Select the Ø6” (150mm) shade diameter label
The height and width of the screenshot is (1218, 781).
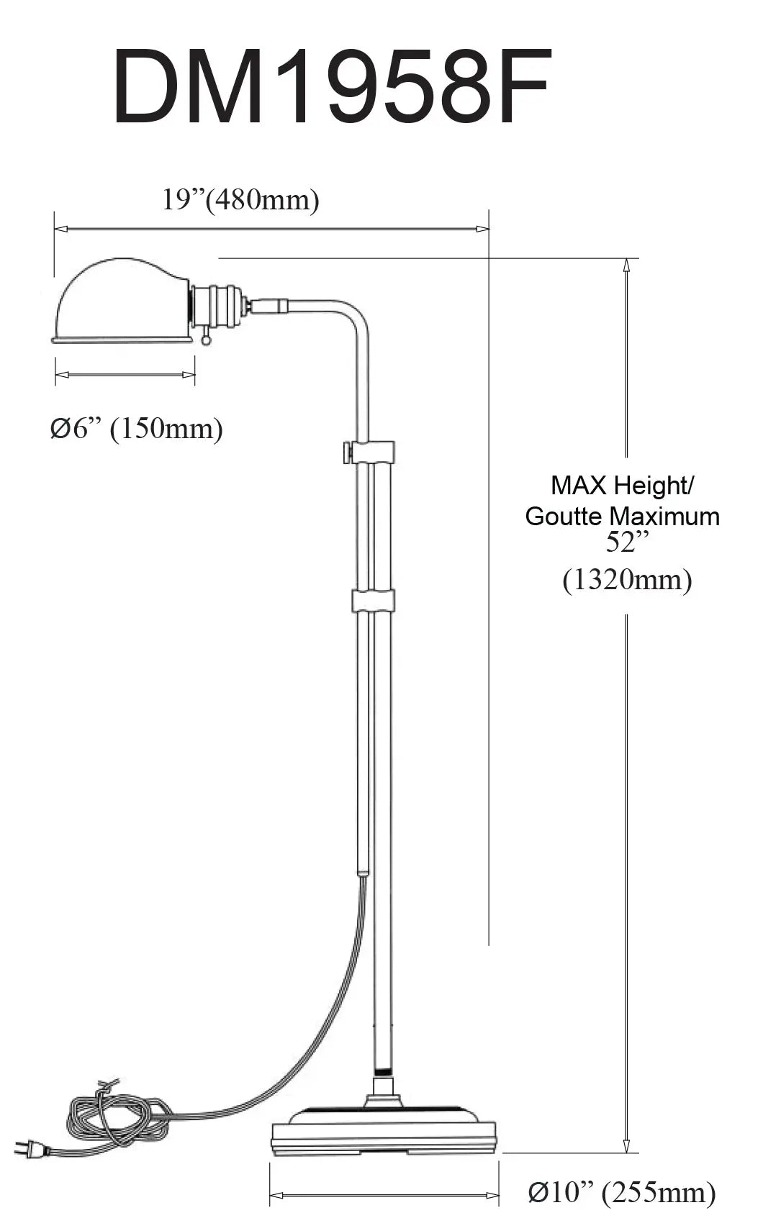click(x=137, y=429)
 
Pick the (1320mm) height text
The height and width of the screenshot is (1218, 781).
click(x=627, y=580)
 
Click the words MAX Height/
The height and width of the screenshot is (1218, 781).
click(x=622, y=485)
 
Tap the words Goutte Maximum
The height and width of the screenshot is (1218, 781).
click(x=622, y=516)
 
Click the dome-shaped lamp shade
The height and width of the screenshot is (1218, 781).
click(x=122, y=301)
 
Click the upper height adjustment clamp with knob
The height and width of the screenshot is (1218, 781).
click(x=369, y=453)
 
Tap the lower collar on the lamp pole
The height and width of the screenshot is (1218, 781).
click(x=373, y=600)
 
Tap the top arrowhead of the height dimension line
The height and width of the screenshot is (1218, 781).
click(x=626, y=265)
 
